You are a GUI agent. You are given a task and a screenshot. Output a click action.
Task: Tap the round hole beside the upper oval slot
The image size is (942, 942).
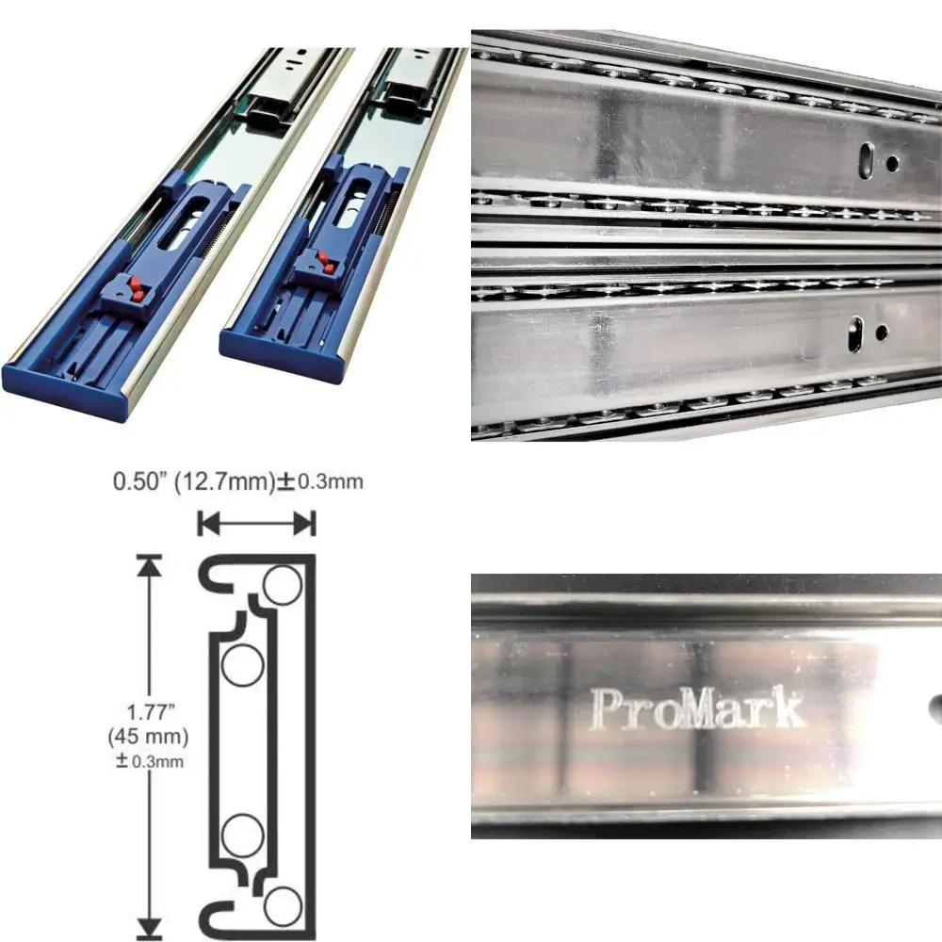pyautogui.click(x=890, y=163)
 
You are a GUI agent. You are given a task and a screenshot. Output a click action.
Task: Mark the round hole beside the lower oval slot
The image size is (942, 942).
pyautogui.click(x=880, y=333)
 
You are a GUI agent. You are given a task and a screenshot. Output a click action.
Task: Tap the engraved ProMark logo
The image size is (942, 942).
pyautogui.click(x=697, y=708)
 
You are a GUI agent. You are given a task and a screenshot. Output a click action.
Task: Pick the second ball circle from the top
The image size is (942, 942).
pyautogui.click(x=241, y=666)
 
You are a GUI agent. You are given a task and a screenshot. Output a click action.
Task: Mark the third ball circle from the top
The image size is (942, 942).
pyautogui.click(x=241, y=830)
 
